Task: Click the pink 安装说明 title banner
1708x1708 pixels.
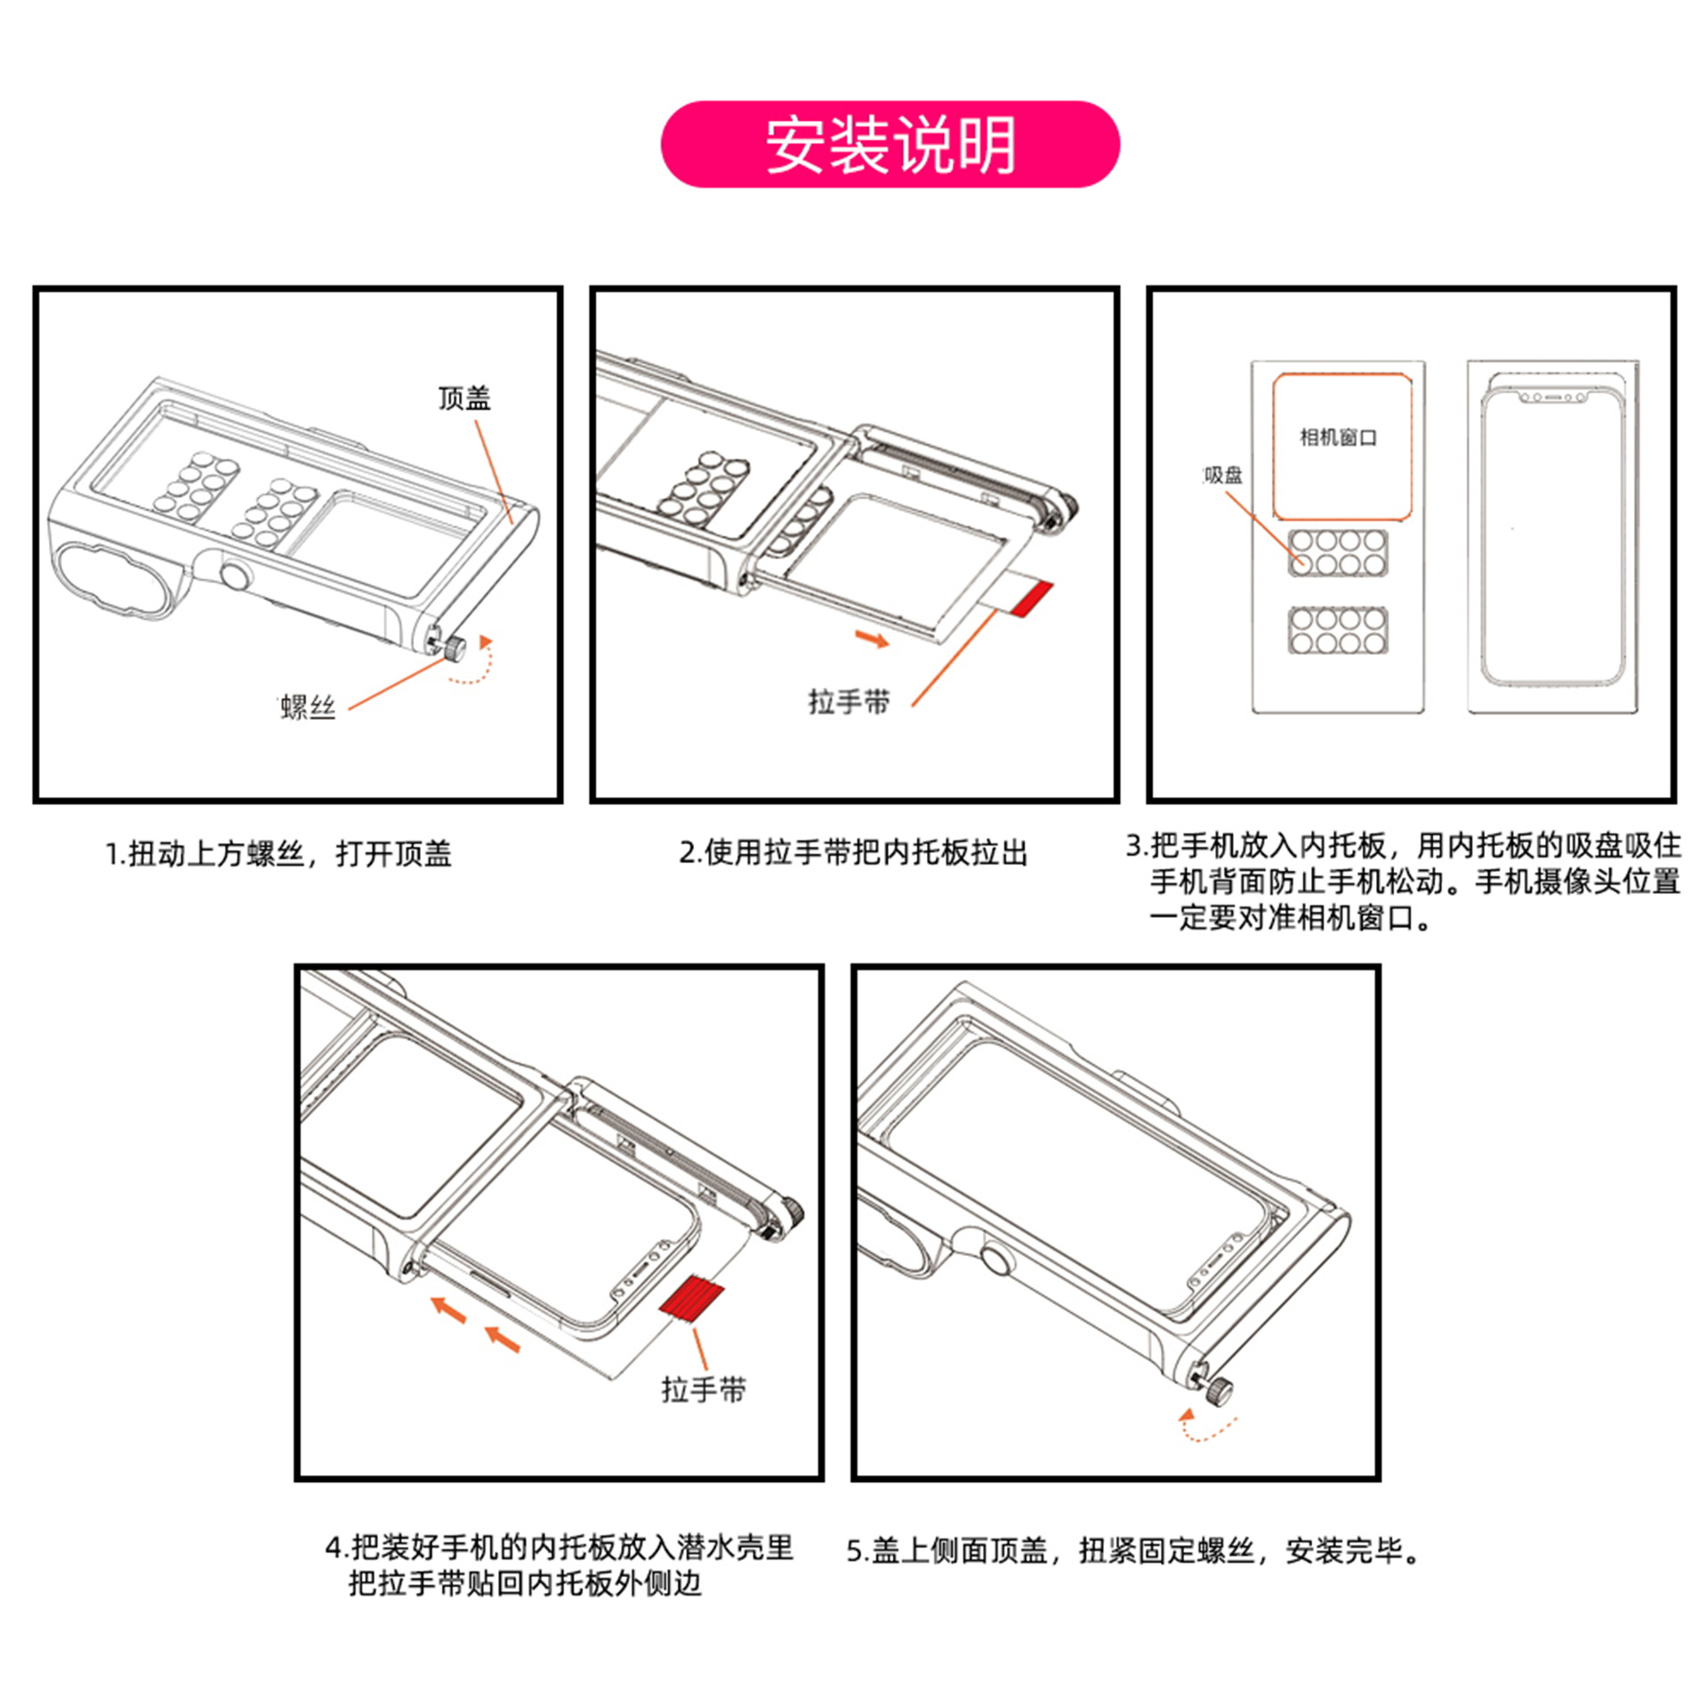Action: point(889,144)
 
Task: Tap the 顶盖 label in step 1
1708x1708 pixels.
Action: point(463,399)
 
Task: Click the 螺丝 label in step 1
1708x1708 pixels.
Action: point(308,708)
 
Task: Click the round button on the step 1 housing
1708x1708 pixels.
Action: point(236,577)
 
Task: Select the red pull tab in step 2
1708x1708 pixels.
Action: point(1033,597)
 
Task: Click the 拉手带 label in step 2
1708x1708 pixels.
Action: point(848,702)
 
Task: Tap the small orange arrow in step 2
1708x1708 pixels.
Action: point(872,639)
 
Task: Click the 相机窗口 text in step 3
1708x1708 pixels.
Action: point(1338,438)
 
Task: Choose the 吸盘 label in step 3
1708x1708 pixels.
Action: point(1223,476)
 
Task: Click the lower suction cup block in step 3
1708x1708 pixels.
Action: point(1338,631)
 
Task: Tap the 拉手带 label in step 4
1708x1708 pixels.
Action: point(703,1390)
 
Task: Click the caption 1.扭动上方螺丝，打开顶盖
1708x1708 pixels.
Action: point(278,854)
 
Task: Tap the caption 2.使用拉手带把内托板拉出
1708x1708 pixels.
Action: point(853,852)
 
